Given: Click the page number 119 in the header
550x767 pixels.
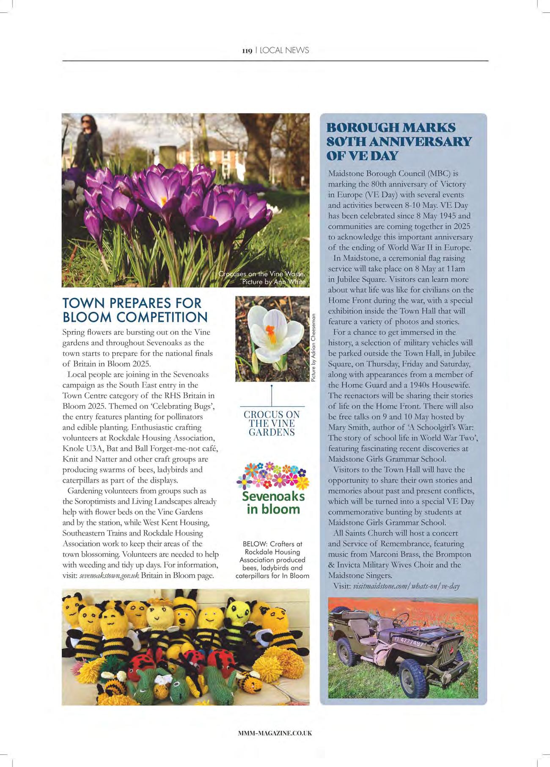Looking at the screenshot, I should [x=247, y=51].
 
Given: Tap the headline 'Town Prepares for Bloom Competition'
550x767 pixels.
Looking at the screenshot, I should [x=135, y=310].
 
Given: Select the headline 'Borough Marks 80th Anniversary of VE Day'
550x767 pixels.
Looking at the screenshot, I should [x=399, y=141].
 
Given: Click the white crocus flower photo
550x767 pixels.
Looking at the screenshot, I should [x=272, y=338].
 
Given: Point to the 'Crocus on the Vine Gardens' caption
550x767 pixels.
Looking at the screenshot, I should [x=272, y=423].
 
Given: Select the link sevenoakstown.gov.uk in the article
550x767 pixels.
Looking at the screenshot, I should [x=109, y=576].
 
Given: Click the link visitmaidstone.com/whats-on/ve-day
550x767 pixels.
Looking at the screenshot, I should [x=406, y=586].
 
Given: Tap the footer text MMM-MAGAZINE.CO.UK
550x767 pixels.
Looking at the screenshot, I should [x=275, y=733].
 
